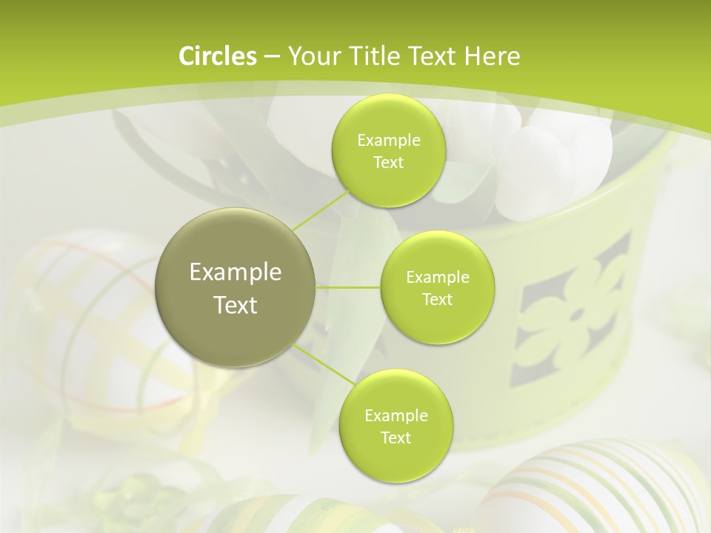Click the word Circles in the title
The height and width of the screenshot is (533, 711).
click(218, 56)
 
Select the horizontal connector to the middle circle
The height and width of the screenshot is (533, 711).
click(348, 287)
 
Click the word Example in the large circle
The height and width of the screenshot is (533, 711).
click(236, 272)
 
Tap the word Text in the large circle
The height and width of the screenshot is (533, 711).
click(236, 305)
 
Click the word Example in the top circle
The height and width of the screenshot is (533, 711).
click(388, 140)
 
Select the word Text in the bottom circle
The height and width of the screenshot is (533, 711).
click(395, 438)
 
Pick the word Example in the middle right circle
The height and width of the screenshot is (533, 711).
click(438, 278)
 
